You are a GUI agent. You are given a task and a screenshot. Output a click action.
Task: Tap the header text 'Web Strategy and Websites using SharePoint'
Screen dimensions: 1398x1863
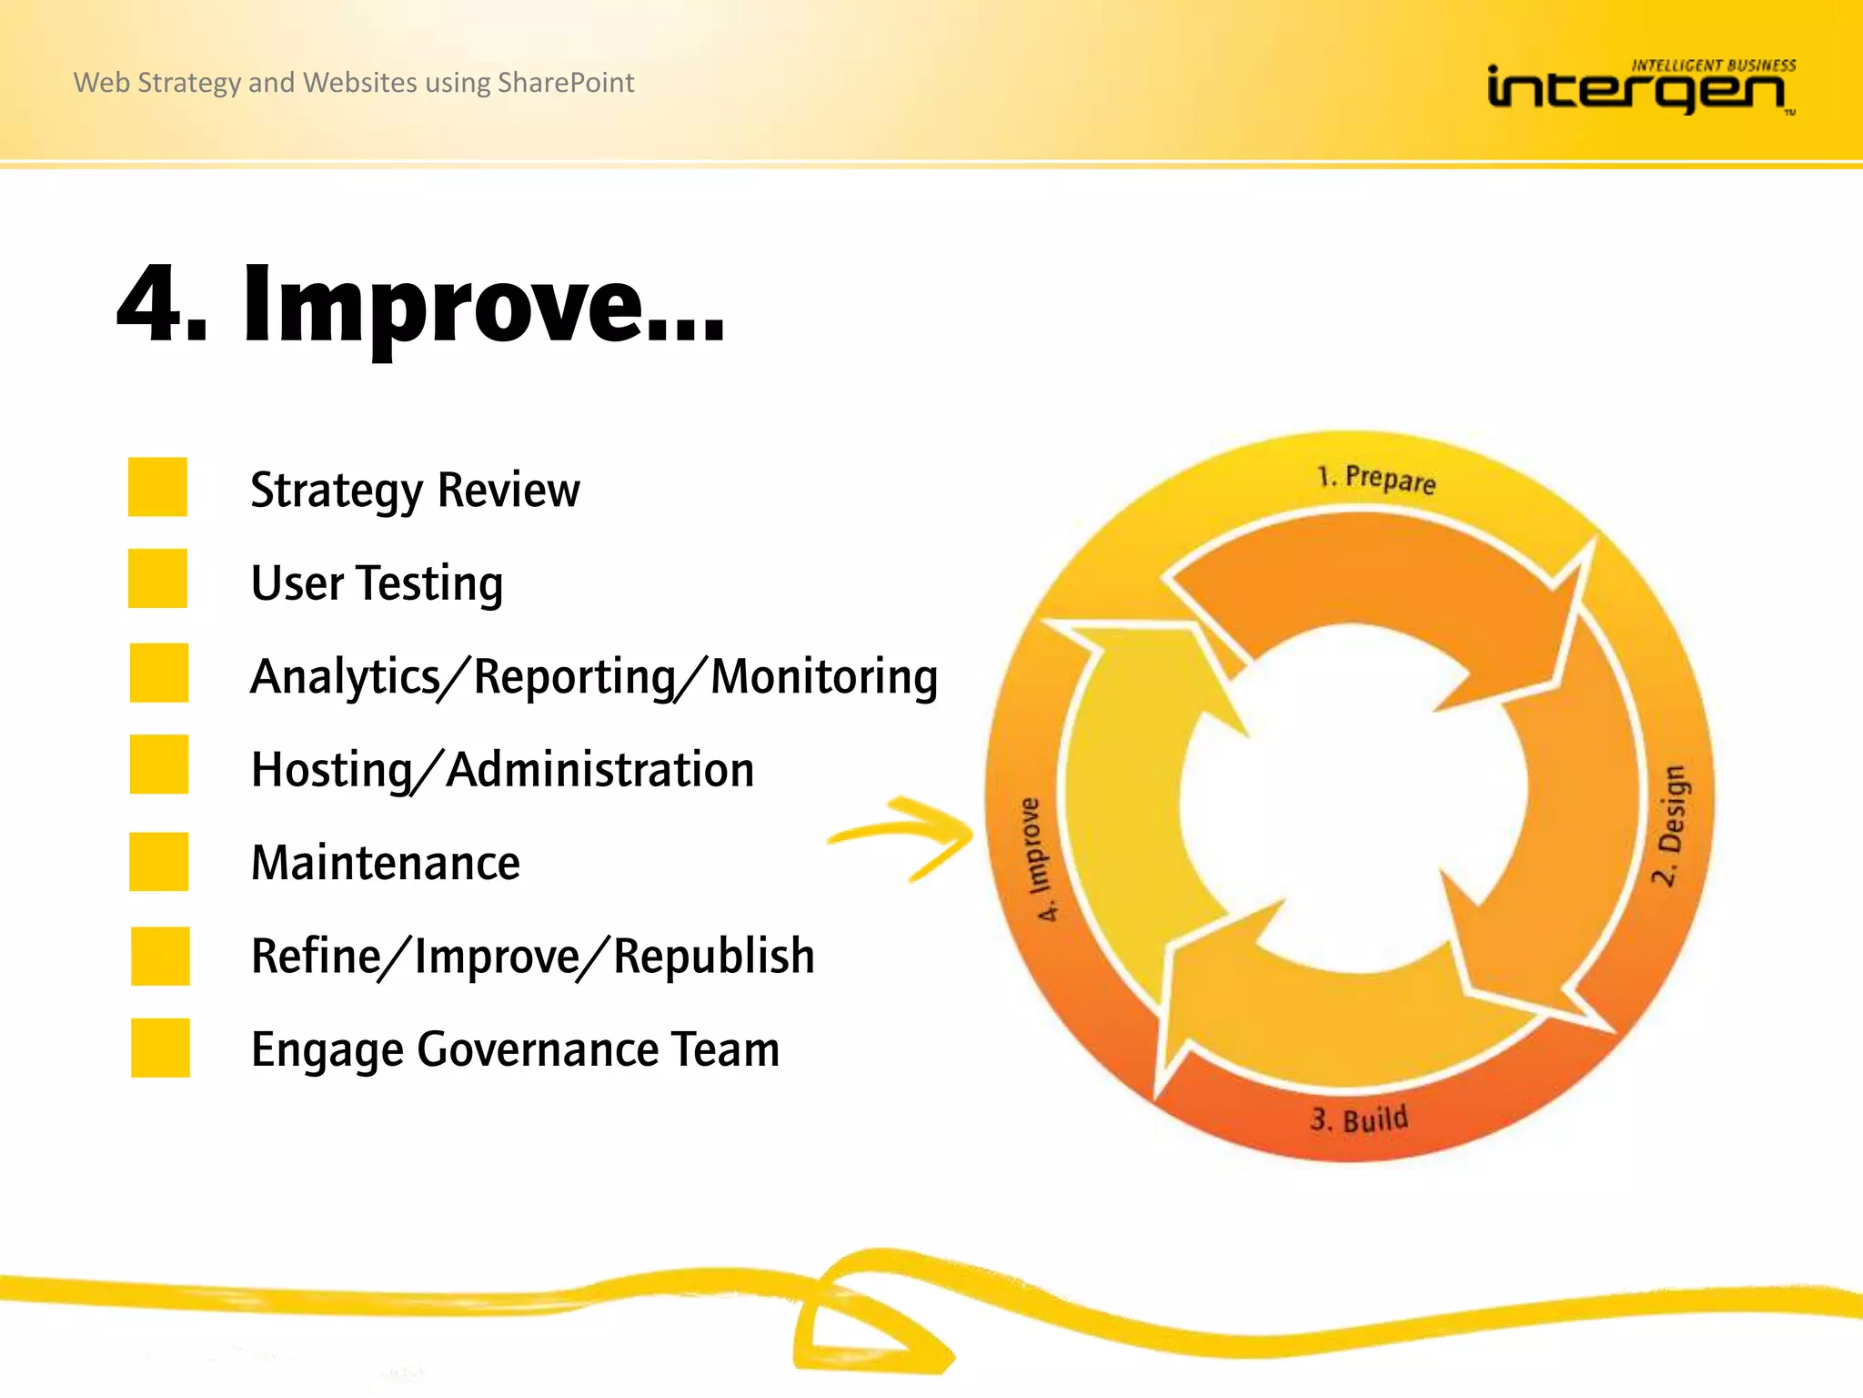pos(353,83)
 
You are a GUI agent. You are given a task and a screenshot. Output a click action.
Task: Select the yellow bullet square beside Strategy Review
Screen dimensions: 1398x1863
pos(157,487)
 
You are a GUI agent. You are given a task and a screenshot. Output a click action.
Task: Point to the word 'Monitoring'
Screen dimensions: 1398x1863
pos(823,677)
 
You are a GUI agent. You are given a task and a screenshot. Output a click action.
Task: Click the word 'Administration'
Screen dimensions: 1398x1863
pos(600,770)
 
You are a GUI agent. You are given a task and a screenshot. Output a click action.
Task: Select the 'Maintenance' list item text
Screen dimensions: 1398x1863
pos(385,863)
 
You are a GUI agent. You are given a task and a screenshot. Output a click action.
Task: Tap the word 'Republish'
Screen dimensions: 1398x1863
pos(714,957)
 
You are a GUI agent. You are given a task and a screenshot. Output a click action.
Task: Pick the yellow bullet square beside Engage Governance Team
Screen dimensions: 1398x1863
pos(160,1048)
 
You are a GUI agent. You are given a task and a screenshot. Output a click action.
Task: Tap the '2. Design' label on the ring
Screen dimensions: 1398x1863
pos(1670,825)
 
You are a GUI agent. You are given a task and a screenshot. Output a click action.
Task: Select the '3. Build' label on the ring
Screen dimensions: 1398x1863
pos(1359,1119)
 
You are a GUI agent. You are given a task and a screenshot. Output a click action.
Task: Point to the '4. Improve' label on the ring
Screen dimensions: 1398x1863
pos(1037,859)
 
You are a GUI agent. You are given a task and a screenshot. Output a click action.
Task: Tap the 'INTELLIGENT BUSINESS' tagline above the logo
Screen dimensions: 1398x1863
pos(1713,66)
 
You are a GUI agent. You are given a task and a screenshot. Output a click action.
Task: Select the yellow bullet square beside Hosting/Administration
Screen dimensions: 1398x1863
pos(159,765)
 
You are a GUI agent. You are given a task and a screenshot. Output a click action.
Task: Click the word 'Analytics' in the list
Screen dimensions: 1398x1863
pos(344,677)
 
